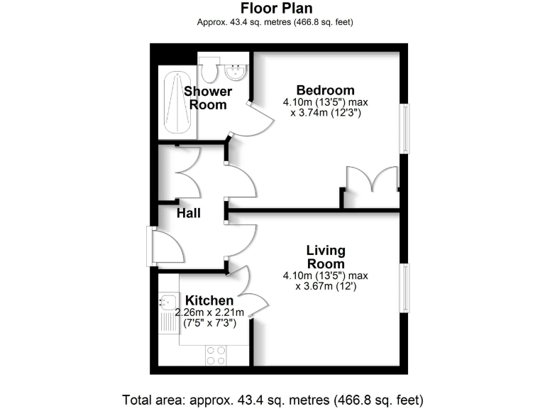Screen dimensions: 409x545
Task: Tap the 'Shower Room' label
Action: point(208,98)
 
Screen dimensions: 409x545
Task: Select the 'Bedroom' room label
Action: point(325,90)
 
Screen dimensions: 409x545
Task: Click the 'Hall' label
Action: point(189,213)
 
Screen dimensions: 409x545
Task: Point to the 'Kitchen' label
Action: point(209,301)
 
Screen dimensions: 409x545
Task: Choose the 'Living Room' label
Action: point(326,257)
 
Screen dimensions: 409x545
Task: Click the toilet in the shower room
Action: point(209,70)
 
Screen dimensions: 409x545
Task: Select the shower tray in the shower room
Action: point(176,104)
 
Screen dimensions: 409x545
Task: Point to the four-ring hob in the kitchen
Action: point(216,354)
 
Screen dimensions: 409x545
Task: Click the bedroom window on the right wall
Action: point(404,129)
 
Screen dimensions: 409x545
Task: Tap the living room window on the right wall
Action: point(404,288)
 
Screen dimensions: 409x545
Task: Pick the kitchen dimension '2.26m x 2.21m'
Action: point(210,312)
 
